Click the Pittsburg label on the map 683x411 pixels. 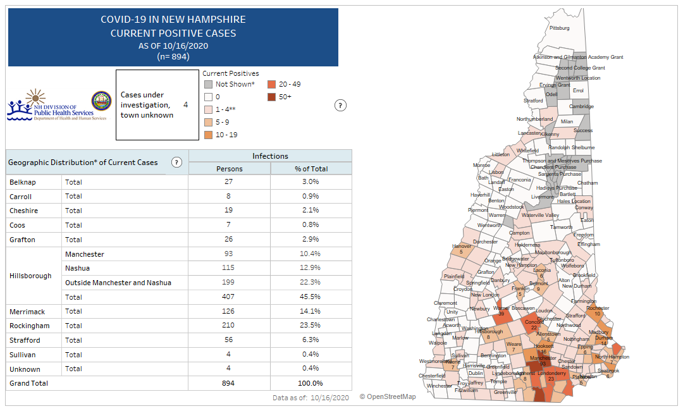[560, 28]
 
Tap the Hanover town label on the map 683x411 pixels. [462, 246]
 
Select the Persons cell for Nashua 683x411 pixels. [229, 269]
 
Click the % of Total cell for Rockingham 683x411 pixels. [311, 326]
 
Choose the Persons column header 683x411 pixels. [229, 169]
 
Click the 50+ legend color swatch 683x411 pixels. [271, 97]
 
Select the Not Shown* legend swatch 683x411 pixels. [207, 84]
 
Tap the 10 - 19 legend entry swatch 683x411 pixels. [207, 135]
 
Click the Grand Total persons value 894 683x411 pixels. [229, 383]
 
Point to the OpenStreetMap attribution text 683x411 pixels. [388, 397]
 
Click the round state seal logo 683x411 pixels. [101, 101]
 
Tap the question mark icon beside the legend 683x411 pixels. [340, 106]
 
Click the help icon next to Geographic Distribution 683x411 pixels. [176, 163]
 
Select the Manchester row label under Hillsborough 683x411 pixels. [84, 254]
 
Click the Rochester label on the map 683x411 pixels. [597, 308]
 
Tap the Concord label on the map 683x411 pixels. [532, 322]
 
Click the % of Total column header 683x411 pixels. [311, 169]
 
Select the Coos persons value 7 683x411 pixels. [229, 225]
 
